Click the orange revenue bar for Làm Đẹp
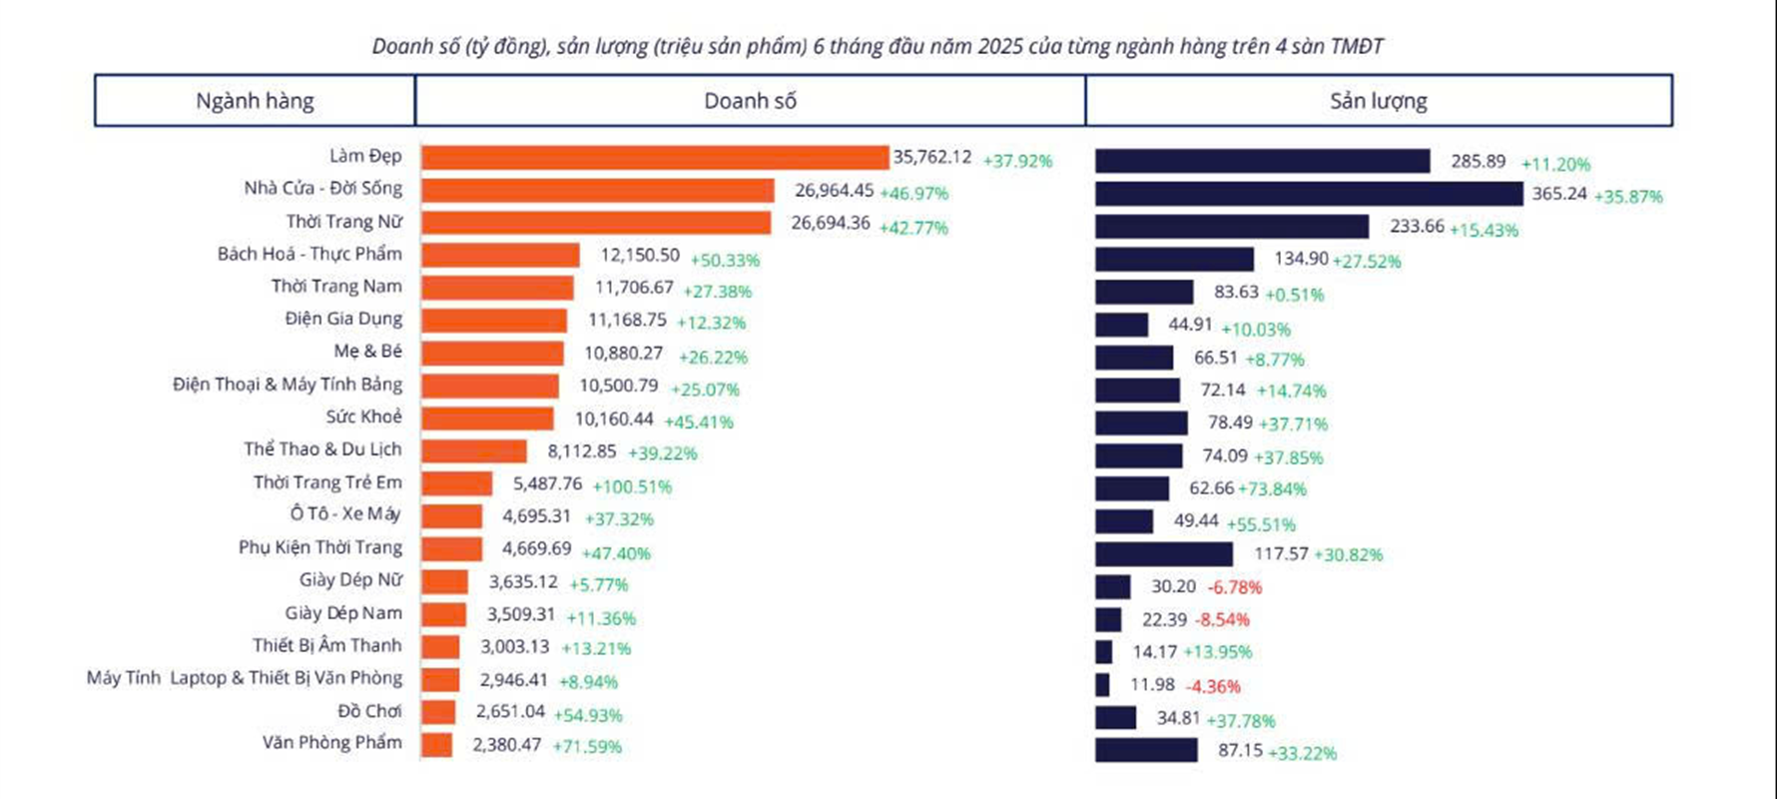point(654,158)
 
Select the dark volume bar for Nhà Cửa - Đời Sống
point(1308,194)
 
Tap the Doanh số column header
point(750,101)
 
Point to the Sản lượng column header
point(1378,101)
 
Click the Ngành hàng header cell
point(255,101)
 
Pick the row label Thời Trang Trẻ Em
point(327,482)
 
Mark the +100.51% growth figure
point(632,486)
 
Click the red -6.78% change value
point(1235,587)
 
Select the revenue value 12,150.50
point(640,255)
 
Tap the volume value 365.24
point(1559,194)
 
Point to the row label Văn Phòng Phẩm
point(331,742)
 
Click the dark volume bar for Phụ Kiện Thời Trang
point(1163,554)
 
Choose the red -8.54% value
point(1222,619)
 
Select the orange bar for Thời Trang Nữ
point(596,223)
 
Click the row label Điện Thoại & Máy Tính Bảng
point(288,385)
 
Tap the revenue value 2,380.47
point(507,744)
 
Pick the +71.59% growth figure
point(587,746)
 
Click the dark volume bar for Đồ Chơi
point(1115,718)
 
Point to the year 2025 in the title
point(1000,46)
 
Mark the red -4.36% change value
point(1213,686)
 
